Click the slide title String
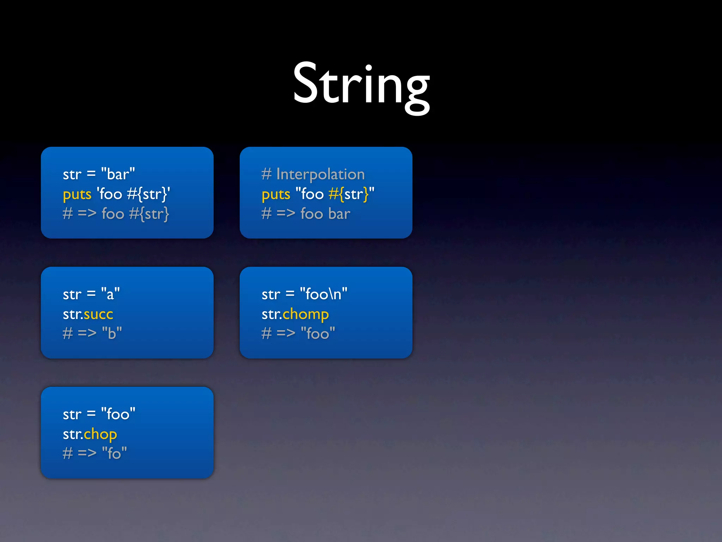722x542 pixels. point(361,85)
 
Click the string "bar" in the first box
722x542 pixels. point(118,174)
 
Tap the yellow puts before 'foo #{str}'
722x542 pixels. point(77,194)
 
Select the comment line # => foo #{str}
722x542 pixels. point(116,214)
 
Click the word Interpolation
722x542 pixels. point(320,174)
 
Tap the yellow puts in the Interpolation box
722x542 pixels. point(276,194)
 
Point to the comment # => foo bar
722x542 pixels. point(306,214)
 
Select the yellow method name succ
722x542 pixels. point(98,314)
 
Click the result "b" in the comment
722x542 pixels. point(112,333)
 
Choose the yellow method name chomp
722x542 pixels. point(306,314)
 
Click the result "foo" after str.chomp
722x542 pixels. point(317,333)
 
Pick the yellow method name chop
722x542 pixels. point(100,434)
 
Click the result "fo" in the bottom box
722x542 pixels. point(114,453)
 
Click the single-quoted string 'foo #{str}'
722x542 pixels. point(133,194)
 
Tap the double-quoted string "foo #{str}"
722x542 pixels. point(335,194)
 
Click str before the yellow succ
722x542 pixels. point(72,314)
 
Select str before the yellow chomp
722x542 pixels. point(271,314)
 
